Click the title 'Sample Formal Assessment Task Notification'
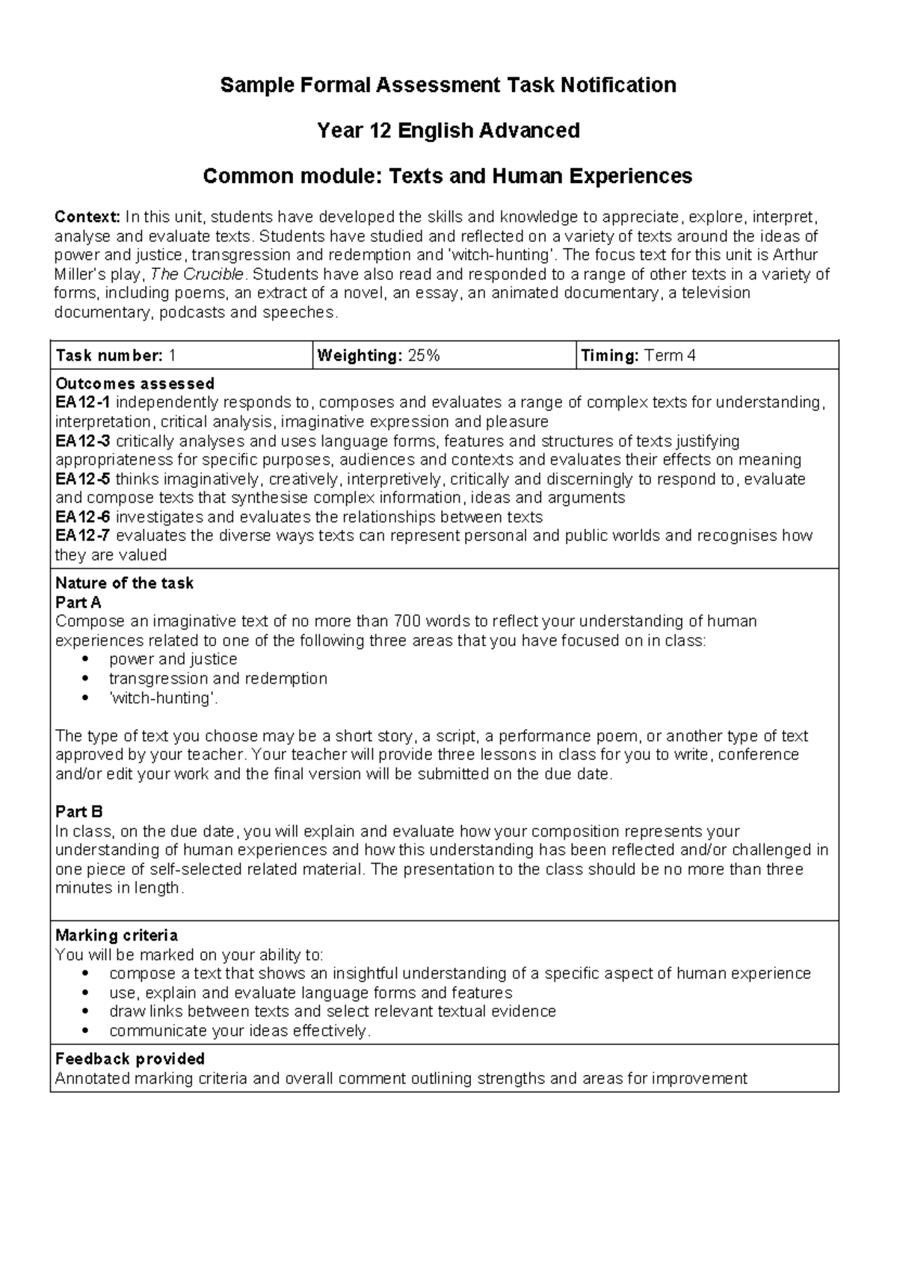448,85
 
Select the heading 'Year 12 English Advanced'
448,131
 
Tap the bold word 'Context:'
87,217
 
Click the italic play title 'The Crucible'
197,274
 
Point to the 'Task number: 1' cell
116,356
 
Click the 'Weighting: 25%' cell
378,356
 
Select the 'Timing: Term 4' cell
638,356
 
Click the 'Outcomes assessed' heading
135,383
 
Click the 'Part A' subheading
78,602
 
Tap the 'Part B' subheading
78,812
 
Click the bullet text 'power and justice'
173,659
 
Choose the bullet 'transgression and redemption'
218,678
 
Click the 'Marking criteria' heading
117,935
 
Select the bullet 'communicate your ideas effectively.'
239,1031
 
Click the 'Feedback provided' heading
130,1059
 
